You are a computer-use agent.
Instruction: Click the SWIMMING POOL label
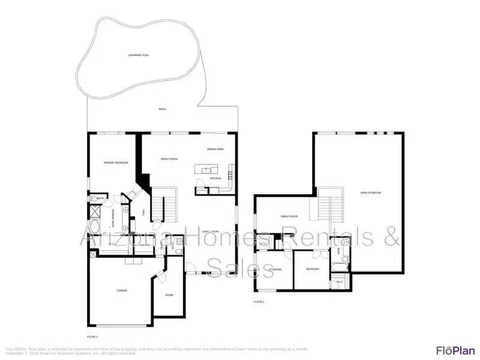[139, 55]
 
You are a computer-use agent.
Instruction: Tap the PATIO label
[162, 109]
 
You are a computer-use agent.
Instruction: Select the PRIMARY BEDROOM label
[116, 163]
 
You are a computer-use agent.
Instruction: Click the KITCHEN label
[215, 178]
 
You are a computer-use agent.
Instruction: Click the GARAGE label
[122, 290]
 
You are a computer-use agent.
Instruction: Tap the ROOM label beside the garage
[169, 295]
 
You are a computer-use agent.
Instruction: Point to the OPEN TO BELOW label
[370, 193]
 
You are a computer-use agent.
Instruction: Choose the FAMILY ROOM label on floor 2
[290, 216]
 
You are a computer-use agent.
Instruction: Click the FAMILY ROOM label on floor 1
[169, 159]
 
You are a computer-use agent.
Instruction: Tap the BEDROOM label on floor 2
[313, 269]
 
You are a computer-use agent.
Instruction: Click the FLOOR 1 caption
[92, 337]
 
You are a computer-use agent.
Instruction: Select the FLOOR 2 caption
[259, 302]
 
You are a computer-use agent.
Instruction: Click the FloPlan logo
[455, 350]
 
